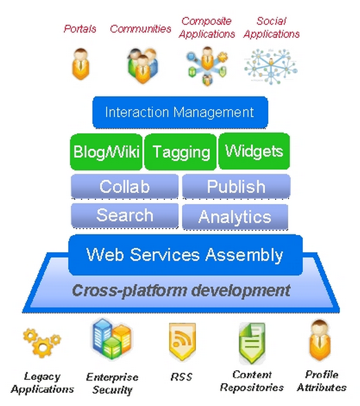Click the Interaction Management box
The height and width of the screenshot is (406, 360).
180,112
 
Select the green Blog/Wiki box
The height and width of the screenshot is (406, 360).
106,152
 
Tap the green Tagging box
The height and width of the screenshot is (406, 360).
181,152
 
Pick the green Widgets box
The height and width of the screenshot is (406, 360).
254,151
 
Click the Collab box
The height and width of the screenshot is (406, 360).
125,186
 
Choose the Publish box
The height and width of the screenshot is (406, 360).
236,186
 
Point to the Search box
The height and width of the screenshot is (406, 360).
125,216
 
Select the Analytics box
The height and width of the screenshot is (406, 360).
235,216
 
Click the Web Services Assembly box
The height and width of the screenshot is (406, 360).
186,255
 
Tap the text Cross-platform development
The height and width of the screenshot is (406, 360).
181,290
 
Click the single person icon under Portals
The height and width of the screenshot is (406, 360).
81,63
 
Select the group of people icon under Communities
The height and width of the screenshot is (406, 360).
143,65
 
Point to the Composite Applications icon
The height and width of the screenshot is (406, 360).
207,65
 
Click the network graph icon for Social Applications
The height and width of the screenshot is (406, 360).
271,67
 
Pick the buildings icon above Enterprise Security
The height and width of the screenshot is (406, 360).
112,339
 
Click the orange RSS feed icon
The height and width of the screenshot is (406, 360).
182,341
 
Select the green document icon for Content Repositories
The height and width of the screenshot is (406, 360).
252,343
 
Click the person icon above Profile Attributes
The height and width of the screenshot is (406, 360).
320,341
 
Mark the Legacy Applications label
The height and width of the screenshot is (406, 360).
43,383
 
